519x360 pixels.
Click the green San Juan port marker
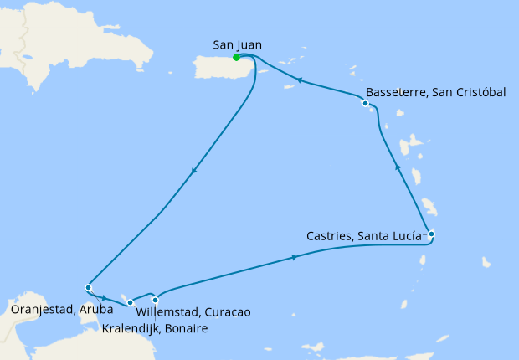pos(237,57)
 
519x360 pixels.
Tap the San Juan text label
pos(235,44)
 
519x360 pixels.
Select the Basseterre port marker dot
pos(365,104)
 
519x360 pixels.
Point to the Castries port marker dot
pos(431,234)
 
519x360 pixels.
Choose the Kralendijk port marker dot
pos(130,302)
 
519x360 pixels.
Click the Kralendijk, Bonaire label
pos(154,328)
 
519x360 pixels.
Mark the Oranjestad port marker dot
pos(88,288)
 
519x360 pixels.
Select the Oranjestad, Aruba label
pos(64,311)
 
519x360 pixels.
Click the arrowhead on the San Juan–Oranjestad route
pos(194,172)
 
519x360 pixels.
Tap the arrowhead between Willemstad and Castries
pos(295,258)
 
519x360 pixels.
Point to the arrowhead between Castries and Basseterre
pos(398,169)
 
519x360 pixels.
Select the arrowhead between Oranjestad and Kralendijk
pos(103,296)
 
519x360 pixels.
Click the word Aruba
pos(95,311)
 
